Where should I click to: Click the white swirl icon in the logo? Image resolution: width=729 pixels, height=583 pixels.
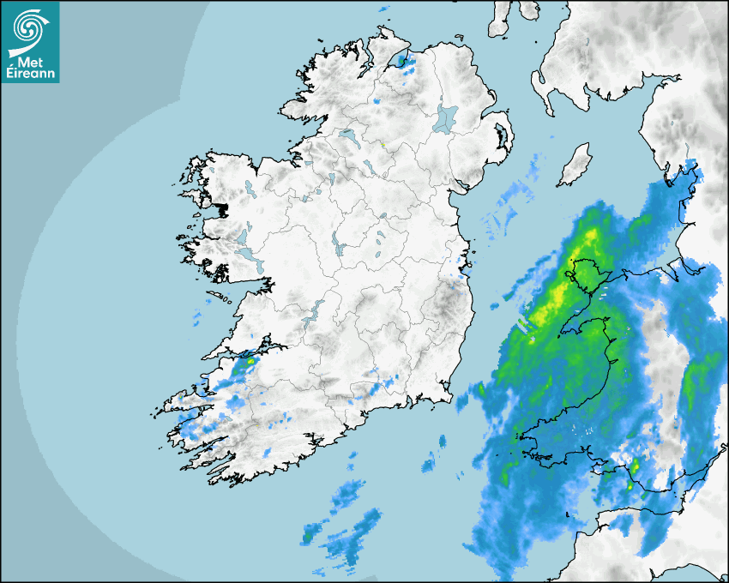(x=27, y=26)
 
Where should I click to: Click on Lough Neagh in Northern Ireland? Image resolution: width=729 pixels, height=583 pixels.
(x=445, y=118)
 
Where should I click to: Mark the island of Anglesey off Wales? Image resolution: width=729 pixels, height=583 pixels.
(x=585, y=276)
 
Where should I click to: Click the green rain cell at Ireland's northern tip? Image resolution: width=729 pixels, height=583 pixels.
(x=402, y=61)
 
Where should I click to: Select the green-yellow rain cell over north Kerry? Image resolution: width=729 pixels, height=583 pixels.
(x=248, y=364)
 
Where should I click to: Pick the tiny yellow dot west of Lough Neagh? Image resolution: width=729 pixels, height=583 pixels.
(x=383, y=144)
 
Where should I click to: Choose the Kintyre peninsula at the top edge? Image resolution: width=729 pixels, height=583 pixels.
(x=500, y=19)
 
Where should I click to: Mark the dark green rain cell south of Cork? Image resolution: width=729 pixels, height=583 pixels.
(x=306, y=538)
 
